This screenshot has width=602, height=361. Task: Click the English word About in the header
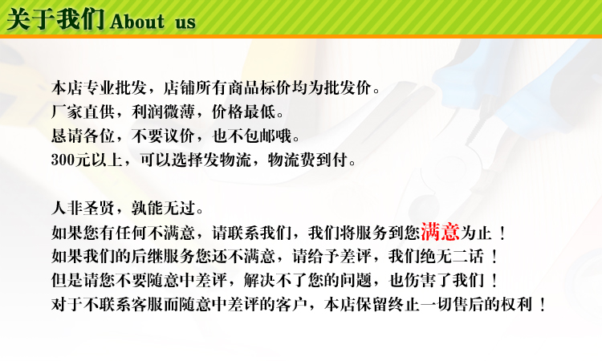pyautogui.click(x=137, y=22)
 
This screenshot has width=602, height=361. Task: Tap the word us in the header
pyautogui.click(x=185, y=23)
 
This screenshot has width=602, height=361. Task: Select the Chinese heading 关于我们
pyautogui.click(x=55, y=19)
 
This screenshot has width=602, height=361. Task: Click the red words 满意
pyautogui.click(x=440, y=231)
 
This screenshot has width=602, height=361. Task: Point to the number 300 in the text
pyautogui.click(x=63, y=160)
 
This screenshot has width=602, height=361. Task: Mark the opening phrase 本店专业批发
pyautogui.click(x=99, y=88)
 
